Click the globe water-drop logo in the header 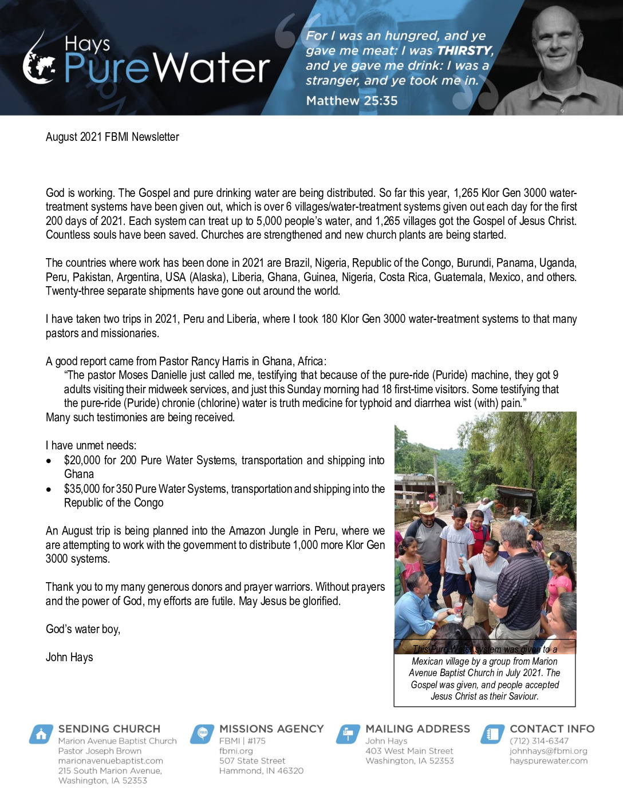pos(39,62)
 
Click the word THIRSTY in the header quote pos(464,51)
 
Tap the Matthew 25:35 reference pos(352,101)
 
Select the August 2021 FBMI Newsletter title pos(112,137)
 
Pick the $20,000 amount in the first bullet pos(82,460)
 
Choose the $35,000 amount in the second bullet pos(82,489)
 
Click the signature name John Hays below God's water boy pos(69,657)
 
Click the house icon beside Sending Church pos(41,734)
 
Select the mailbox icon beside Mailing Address pos(348,734)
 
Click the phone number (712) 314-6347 pos(539,741)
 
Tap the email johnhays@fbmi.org pos(548,751)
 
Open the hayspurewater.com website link pos(548,761)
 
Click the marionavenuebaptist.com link pos(111,761)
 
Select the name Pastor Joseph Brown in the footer pos(100,751)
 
